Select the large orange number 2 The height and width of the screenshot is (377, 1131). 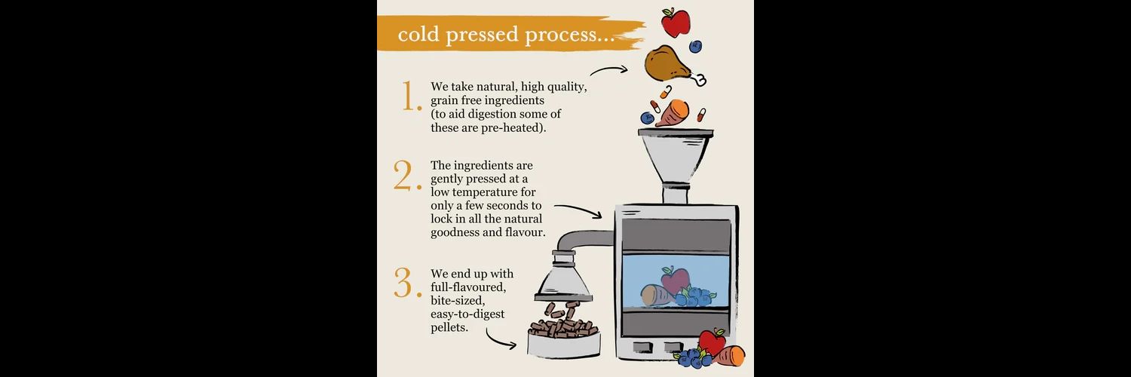coord(407,176)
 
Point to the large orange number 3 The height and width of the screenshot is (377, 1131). coord(407,283)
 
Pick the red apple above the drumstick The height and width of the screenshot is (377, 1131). coord(676,22)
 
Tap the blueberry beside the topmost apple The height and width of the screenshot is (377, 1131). coord(696,47)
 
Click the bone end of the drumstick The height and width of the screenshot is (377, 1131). coord(699,78)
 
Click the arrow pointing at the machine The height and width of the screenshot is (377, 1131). coord(578,208)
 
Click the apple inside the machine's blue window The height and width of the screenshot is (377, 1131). coord(675,280)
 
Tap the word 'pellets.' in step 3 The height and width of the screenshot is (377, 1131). coord(449,327)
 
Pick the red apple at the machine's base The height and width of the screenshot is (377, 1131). coord(712,342)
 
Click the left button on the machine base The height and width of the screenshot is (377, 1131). coord(643,348)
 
